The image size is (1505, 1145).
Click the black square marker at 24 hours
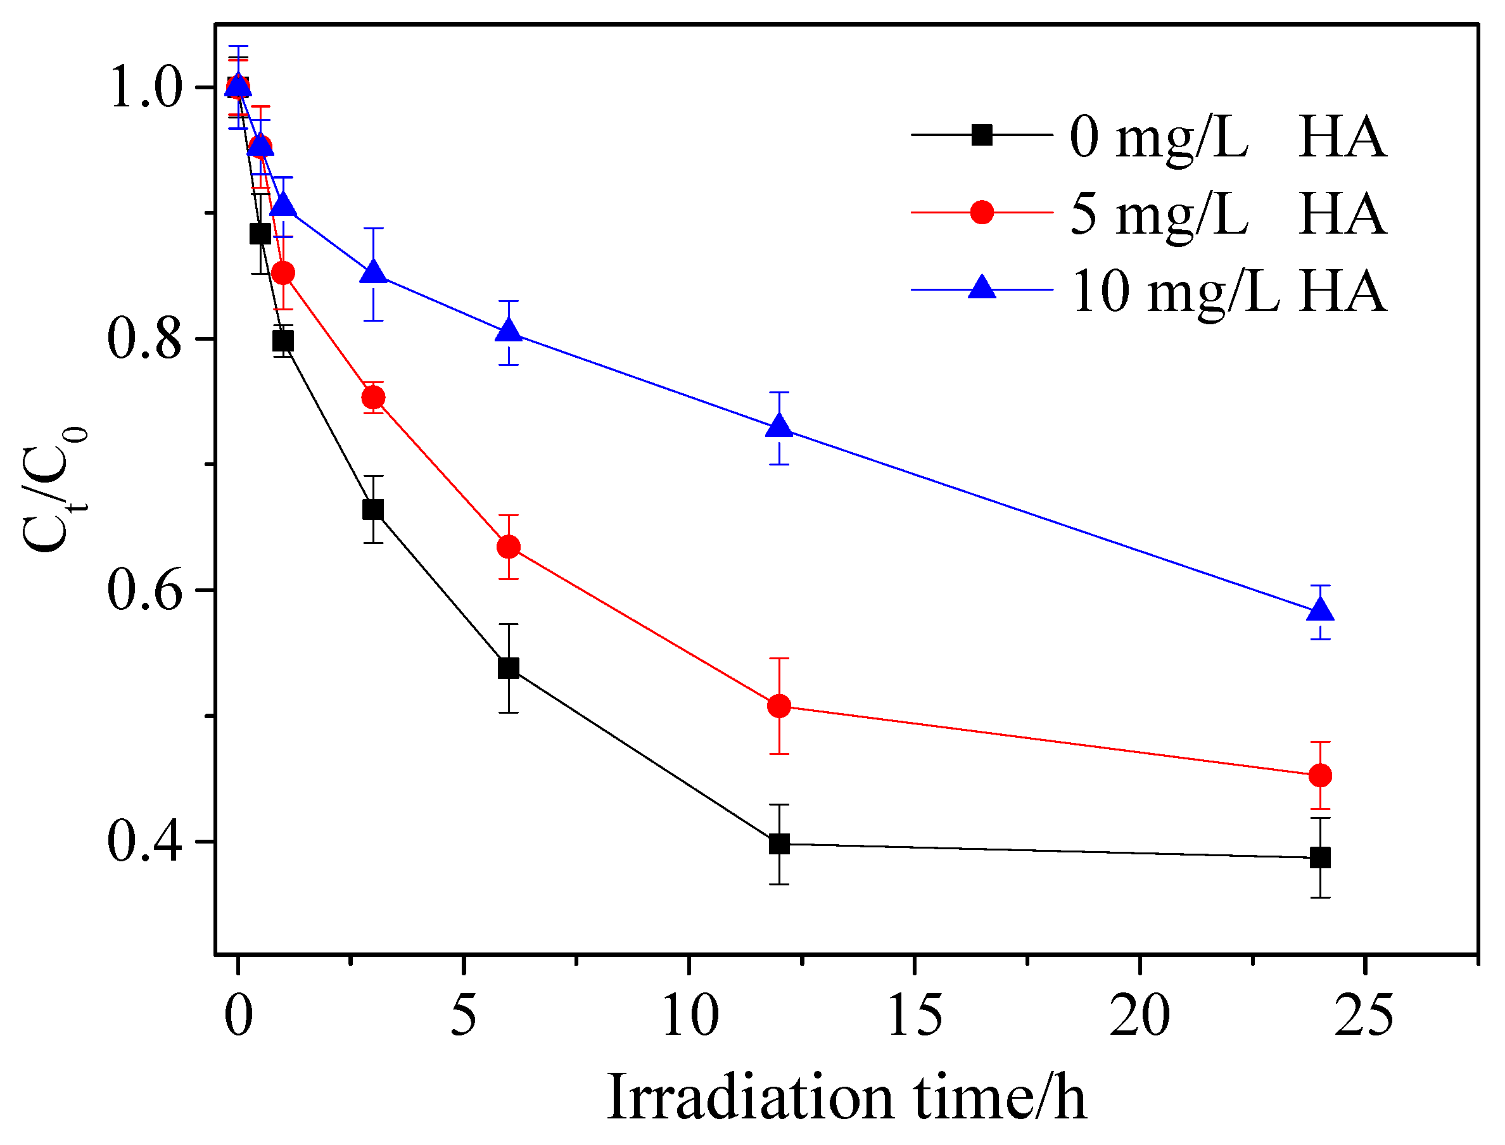[1320, 857]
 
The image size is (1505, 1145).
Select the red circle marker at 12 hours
[779, 706]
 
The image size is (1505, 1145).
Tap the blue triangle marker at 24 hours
[1320, 610]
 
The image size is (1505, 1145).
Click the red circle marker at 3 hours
[373, 397]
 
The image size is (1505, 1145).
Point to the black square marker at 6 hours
[509, 668]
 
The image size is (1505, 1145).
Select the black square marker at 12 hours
[779, 844]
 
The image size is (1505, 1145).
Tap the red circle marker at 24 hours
[1320, 776]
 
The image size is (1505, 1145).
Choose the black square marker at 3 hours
[373, 510]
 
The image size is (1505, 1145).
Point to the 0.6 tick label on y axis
[144, 590]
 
